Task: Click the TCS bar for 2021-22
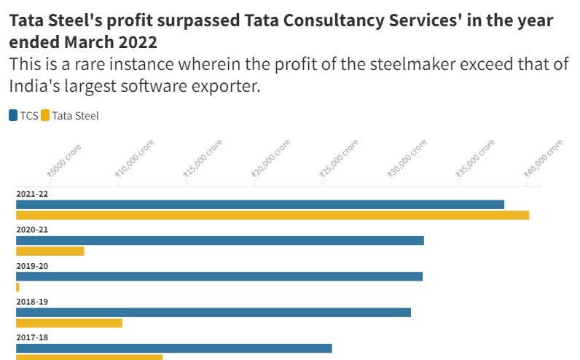tap(260, 204)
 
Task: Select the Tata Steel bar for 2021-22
tap(273, 215)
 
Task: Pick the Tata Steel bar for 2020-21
tap(50, 251)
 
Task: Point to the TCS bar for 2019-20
tap(219, 276)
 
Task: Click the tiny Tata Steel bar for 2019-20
tap(17, 287)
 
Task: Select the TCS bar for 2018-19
tap(213, 312)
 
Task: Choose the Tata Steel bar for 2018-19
tap(69, 323)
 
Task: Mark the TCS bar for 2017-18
tap(174, 348)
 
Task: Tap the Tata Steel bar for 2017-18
tap(90, 357)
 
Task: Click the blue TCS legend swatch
tap(13, 115)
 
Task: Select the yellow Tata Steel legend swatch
tap(45, 115)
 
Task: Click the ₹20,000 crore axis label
tap(272, 158)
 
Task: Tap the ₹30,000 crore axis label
tap(407, 158)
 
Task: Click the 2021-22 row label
tap(32, 194)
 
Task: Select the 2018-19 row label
tap(32, 302)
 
